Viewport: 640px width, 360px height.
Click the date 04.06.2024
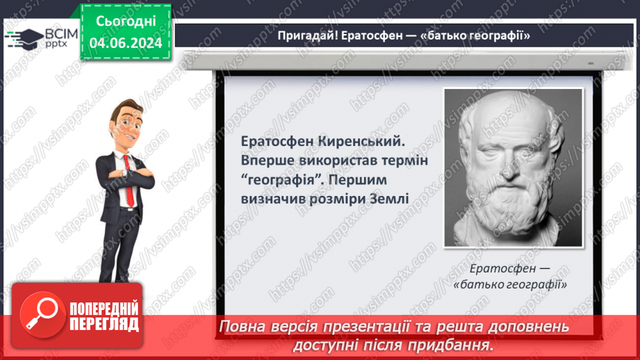[126, 43]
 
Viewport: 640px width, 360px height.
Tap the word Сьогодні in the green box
[126, 22]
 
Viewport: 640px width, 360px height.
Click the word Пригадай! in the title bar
[308, 36]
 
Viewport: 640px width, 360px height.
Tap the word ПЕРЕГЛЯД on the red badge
[104, 325]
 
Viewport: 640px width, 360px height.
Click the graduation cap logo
[25, 39]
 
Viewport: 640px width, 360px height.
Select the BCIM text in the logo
[61, 34]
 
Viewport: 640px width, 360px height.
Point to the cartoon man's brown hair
[127, 107]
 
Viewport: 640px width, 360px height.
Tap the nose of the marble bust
[508, 169]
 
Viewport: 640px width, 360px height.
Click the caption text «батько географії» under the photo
[510, 284]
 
